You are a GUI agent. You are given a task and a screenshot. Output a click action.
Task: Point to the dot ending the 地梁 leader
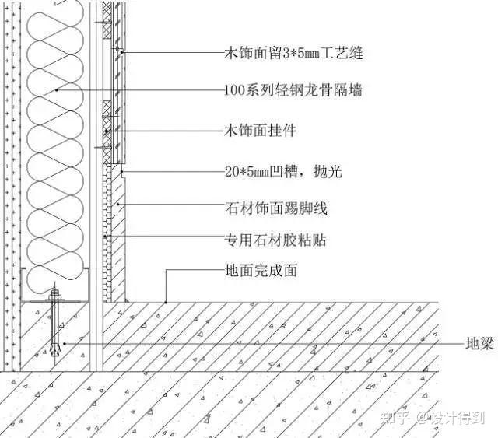65,342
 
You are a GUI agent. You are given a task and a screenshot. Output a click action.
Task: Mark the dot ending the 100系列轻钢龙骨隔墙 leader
57,91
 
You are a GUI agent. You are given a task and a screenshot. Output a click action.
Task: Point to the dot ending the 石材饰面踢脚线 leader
118,204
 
